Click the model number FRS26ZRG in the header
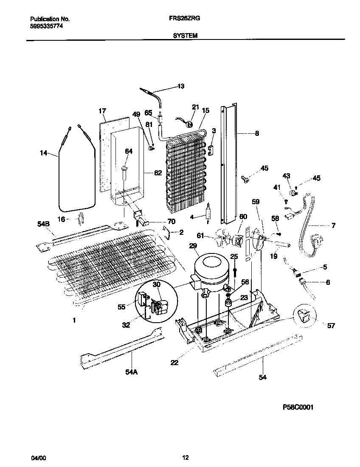(x=185, y=19)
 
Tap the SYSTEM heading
(x=185, y=36)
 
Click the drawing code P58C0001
(x=298, y=406)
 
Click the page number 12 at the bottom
(x=185, y=458)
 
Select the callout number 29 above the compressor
(x=193, y=246)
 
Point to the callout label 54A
(x=132, y=372)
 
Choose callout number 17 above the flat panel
(x=102, y=111)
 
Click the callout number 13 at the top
(x=181, y=87)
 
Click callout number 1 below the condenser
(x=74, y=321)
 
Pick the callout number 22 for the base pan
(x=174, y=362)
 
